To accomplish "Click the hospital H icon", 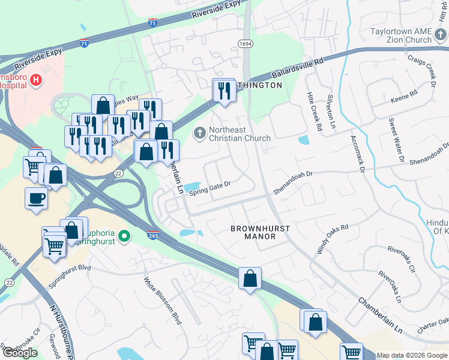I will pyautogui.click(x=36, y=79).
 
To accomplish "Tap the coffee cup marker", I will pyautogui.click(x=36, y=198).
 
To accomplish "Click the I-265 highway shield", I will pyautogui.click(x=153, y=237).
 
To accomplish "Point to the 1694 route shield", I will pyautogui.click(x=245, y=44).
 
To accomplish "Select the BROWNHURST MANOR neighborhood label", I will pyautogui.click(x=261, y=233).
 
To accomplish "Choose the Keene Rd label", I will pyautogui.click(x=403, y=97).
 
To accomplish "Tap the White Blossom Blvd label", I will pyautogui.click(x=163, y=301).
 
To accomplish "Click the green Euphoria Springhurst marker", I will pyautogui.click(x=124, y=237).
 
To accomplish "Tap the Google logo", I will pyautogui.click(x=19, y=353).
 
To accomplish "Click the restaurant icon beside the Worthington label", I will pyautogui.click(x=224, y=91).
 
